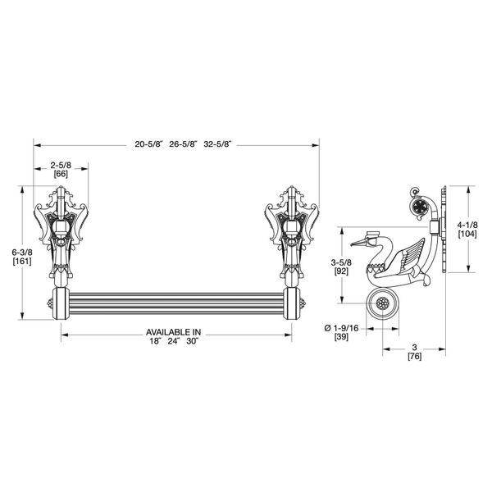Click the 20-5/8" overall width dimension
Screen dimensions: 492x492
149,144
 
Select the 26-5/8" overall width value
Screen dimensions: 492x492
184,144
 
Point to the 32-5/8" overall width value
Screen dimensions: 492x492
217,144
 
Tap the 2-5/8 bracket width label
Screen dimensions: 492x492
61,166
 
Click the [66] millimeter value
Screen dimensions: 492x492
61,174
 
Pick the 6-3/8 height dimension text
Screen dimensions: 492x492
22,252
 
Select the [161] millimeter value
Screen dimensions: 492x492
22,261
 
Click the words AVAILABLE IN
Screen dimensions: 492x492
174,332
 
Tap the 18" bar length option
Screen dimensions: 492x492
155,341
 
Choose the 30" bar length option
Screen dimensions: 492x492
192,341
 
